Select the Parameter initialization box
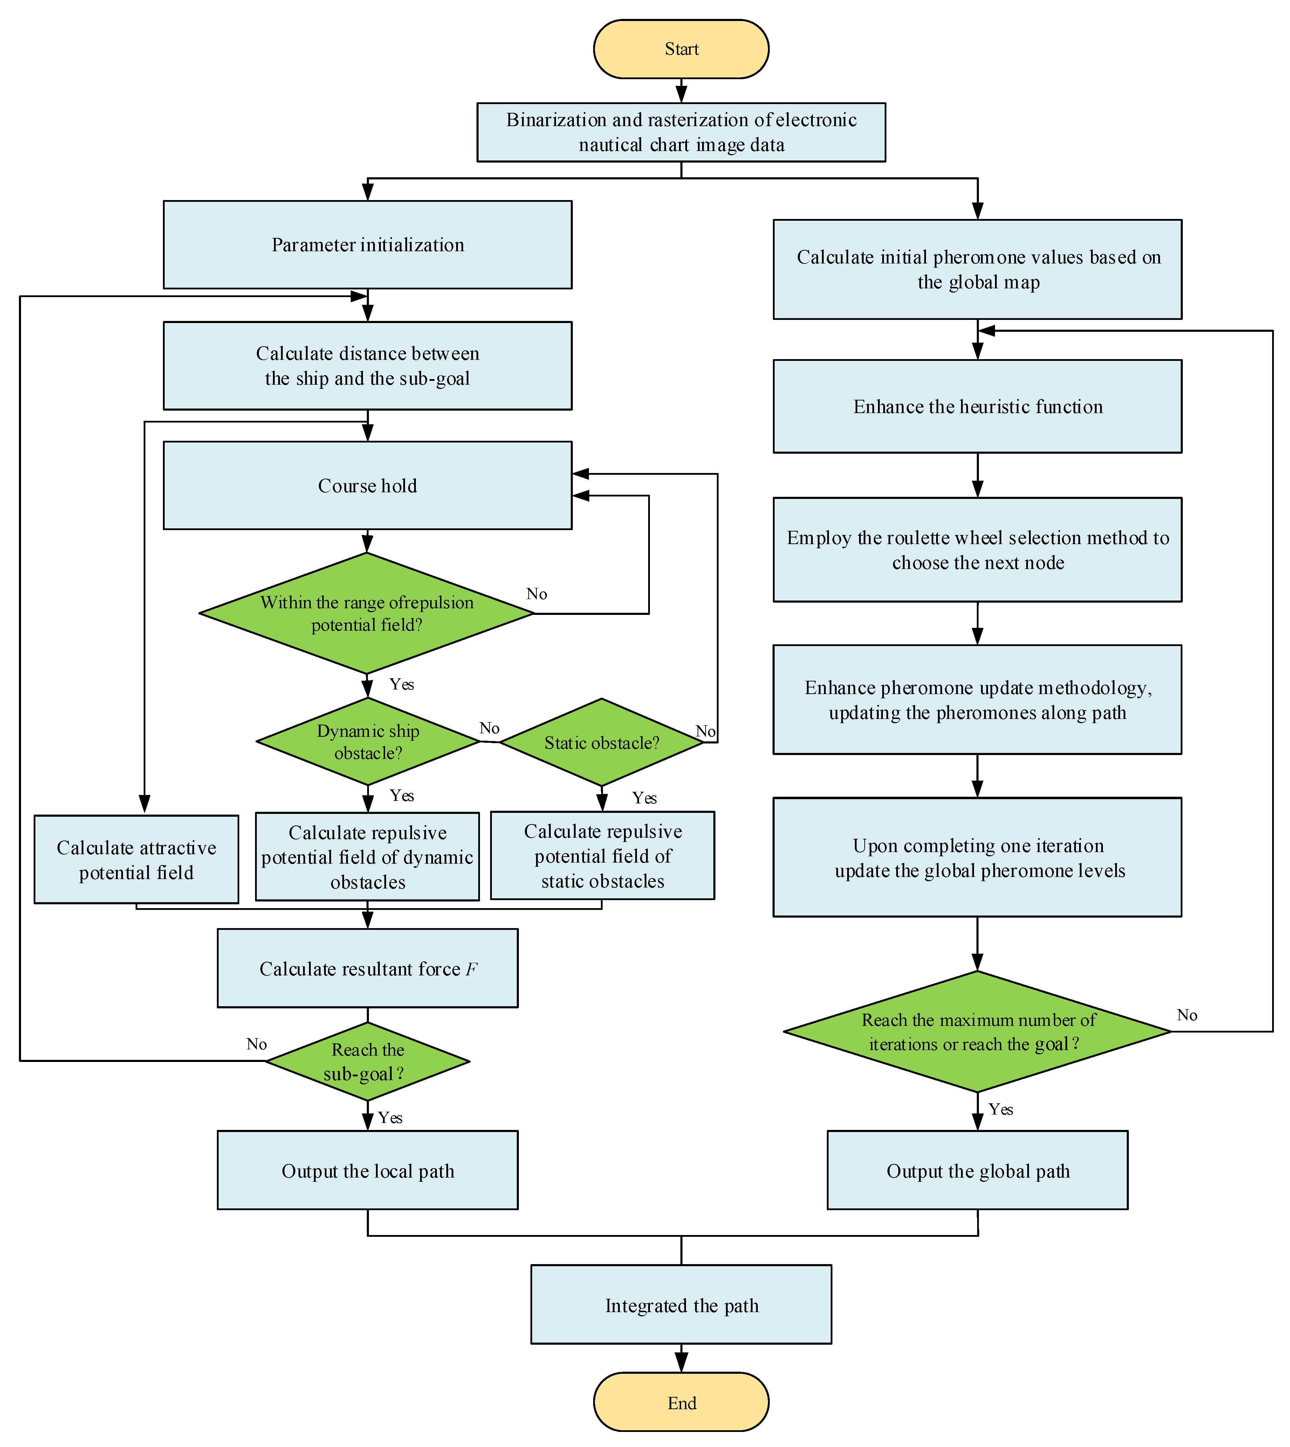367,245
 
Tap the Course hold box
367,485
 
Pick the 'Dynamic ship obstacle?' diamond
367,741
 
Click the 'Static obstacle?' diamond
601,742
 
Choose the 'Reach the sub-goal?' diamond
367,1061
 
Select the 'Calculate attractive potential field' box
136,859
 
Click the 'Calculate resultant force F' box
367,968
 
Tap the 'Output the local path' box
367,1171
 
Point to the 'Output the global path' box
977,1171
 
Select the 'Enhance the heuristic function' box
977,406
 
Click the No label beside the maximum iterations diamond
1187,1015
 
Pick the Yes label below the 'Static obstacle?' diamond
644,798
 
